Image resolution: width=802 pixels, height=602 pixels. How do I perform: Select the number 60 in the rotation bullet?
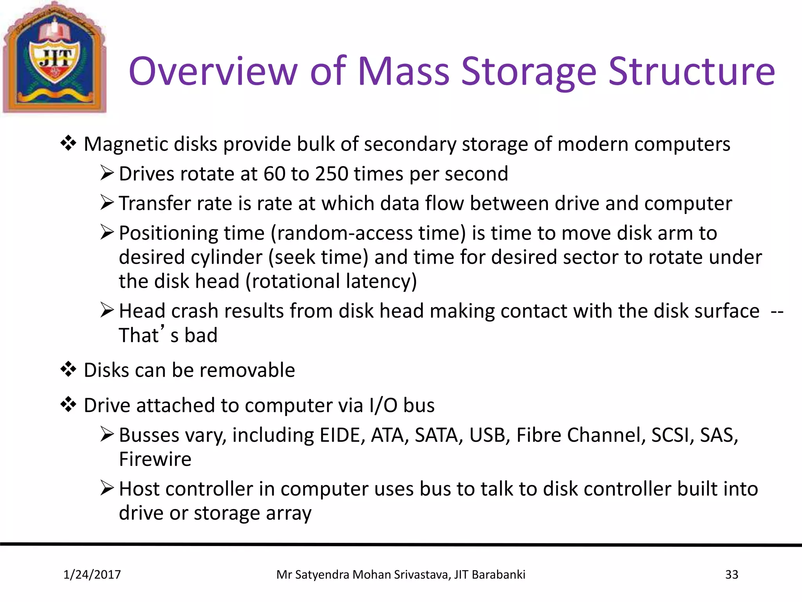point(275,174)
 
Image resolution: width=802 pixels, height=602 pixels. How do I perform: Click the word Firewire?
point(155,459)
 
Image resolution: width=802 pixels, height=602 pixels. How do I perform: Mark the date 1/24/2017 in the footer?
point(92,575)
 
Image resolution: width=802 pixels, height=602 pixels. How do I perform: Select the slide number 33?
point(732,575)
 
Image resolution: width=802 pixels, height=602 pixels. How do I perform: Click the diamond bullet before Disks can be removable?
point(69,369)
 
